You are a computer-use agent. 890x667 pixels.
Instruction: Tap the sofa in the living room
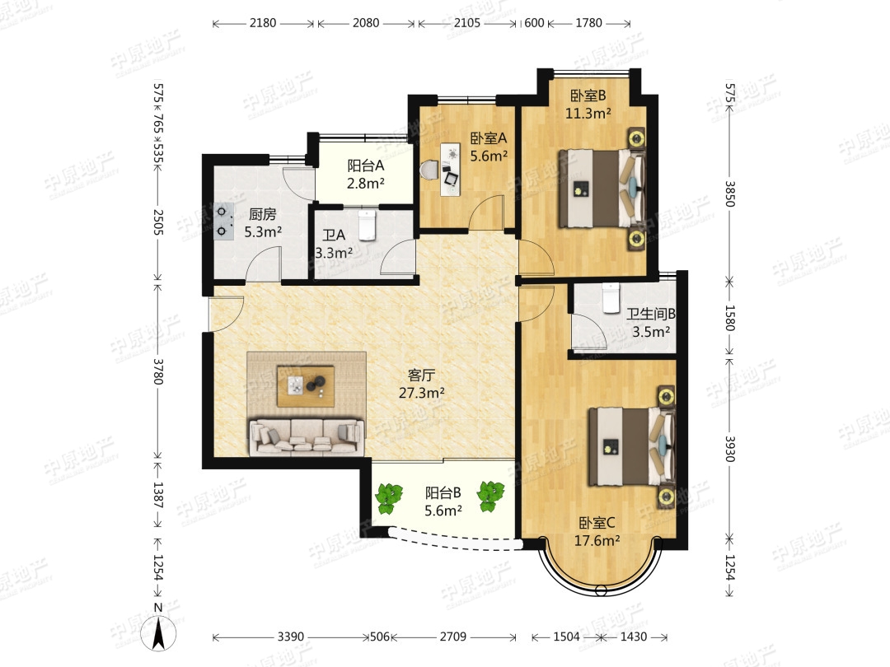[307, 436]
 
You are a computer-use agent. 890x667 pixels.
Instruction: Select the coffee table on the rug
[305, 385]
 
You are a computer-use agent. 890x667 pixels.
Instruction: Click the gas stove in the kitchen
[223, 222]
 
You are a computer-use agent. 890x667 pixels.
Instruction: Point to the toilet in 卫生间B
[611, 298]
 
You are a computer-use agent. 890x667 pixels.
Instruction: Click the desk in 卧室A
[452, 169]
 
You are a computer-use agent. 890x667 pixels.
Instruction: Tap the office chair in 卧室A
[430, 170]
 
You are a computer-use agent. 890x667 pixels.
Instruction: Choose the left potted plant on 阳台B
[388, 497]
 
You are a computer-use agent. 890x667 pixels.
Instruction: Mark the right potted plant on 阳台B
[491, 497]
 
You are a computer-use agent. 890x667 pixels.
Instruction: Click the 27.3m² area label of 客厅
[421, 393]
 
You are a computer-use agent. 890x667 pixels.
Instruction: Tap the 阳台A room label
[366, 166]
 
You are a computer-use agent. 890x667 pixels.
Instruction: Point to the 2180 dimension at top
[263, 23]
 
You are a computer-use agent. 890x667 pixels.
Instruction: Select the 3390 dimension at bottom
[291, 637]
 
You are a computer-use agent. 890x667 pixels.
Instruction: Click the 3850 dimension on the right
[730, 194]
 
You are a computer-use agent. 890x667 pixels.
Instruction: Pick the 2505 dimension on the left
[158, 222]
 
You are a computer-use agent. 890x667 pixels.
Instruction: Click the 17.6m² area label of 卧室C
[597, 540]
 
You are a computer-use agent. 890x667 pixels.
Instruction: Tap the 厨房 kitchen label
[263, 214]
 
